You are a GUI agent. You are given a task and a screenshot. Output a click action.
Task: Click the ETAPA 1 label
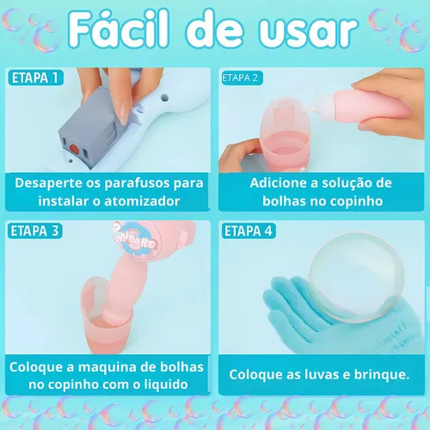[x=35, y=77]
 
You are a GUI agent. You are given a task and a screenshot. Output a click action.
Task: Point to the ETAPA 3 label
[x=34, y=231]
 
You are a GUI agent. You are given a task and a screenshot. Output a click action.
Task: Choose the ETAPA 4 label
[x=249, y=231]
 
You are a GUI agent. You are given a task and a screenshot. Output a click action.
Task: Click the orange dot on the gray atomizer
[x=74, y=149]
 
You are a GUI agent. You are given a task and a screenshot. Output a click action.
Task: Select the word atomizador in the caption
[x=142, y=201]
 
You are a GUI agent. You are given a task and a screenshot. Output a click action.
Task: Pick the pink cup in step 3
[x=107, y=316]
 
